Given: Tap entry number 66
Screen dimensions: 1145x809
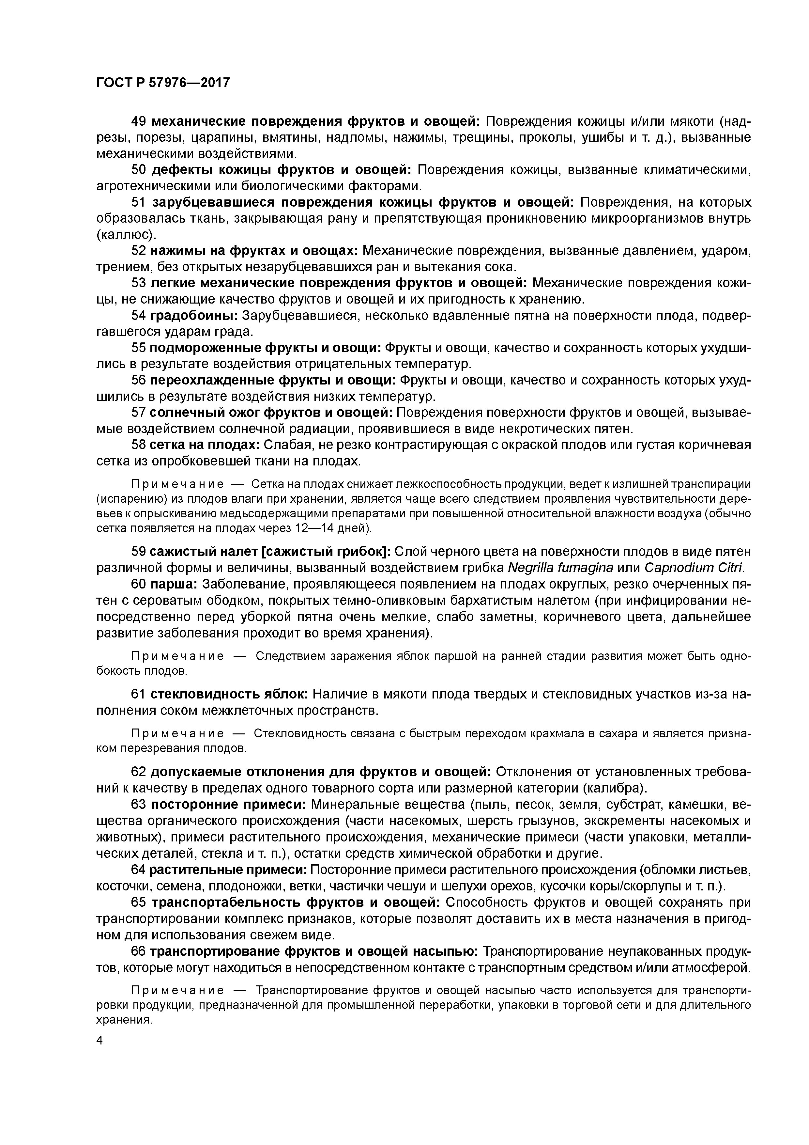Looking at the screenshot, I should (x=138, y=951).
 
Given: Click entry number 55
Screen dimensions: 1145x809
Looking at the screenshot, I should (x=138, y=348).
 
